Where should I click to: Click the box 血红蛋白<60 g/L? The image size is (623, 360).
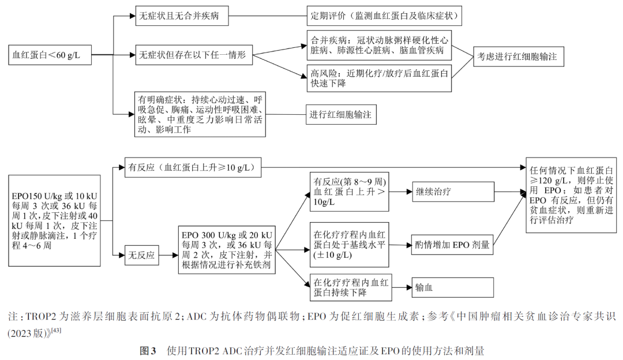48,55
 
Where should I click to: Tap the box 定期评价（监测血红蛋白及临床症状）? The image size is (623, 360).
385,15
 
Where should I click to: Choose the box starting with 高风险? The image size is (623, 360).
379,78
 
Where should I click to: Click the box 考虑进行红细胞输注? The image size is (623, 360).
518,57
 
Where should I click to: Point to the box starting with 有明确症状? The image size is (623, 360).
200,114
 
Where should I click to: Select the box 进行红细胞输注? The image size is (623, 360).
341,115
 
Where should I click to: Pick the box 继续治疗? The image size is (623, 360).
453,192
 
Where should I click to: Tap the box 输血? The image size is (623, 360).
453,287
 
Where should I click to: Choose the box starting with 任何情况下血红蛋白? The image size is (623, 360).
570,194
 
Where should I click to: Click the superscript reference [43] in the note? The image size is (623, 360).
56,330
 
